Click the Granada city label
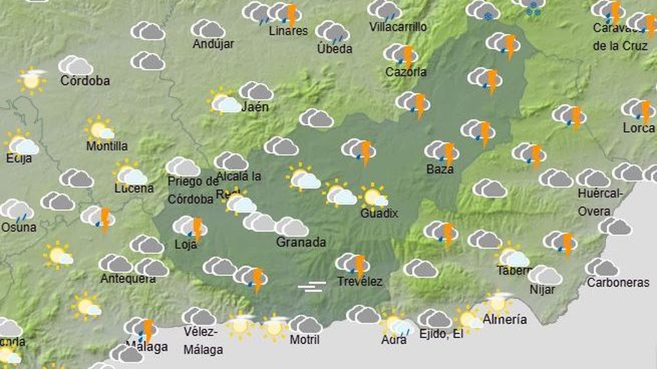[x=301, y=242]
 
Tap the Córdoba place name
[x=85, y=80]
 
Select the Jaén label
[x=255, y=107]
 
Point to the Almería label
[x=505, y=319]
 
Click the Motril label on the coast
[x=304, y=339]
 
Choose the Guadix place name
[x=379, y=213]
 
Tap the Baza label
[x=440, y=169]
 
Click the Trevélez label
[x=360, y=282]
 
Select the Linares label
[x=288, y=31]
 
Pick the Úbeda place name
[x=335, y=49]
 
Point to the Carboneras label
[x=618, y=282]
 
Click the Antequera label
[x=128, y=279]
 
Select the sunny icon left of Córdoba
[x=32, y=80]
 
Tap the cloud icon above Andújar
[x=208, y=29]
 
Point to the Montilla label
[x=107, y=146]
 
